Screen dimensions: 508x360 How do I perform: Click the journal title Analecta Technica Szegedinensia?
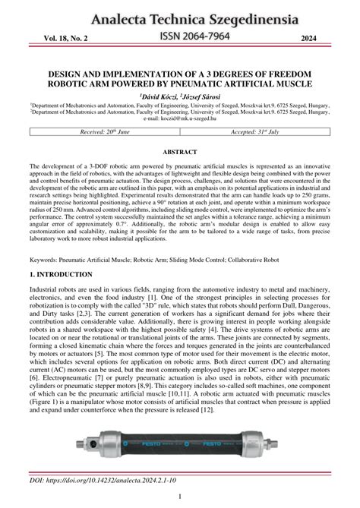tap(179, 15)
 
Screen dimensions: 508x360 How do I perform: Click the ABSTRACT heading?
tap(180, 152)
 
